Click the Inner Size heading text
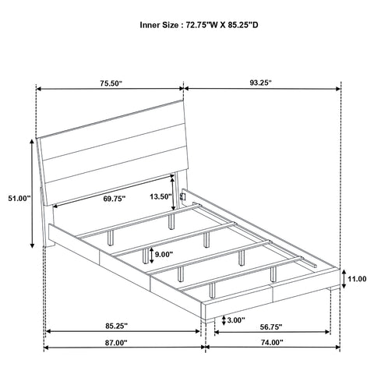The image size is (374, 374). (x=199, y=25)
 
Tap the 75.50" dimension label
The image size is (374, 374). (x=111, y=83)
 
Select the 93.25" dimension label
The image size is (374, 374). (x=260, y=83)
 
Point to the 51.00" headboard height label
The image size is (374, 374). (x=19, y=199)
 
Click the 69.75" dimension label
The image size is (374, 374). (x=115, y=199)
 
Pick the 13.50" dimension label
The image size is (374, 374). (x=161, y=196)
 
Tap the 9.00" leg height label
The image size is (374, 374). (x=164, y=254)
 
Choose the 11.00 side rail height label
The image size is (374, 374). (x=357, y=279)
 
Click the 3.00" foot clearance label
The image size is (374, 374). (x=236, y=320)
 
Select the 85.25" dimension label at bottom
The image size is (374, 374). (x=117, y=326)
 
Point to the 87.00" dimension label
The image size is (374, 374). (x=116, y=343)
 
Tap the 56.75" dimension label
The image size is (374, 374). (x=271, y=326)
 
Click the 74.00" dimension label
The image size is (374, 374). (x=272, y=343)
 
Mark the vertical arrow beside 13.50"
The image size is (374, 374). (x=173, y=192)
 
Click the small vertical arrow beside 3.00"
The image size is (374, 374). (x=224, y=320)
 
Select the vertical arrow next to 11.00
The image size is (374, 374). (x=344, y=279)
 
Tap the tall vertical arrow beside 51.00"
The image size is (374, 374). (x=32, y=193)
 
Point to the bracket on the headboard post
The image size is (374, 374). (x=183, y=196)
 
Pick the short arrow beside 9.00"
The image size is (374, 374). (x=151, y=255)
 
